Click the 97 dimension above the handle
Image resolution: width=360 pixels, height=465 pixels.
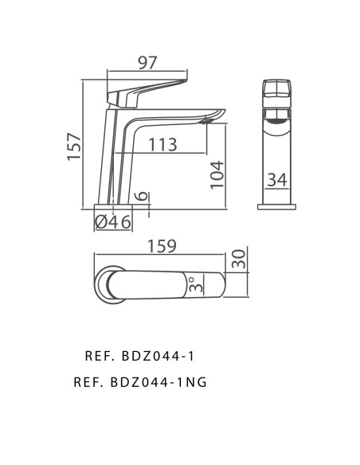point(147,63)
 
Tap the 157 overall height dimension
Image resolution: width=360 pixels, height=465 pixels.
point(74,147)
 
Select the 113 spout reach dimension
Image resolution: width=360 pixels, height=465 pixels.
point(162,145)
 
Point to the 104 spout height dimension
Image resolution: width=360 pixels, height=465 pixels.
point(217,174)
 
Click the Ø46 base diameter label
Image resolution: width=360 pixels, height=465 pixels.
point(113,222)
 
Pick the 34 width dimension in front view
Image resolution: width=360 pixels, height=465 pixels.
point(277,180)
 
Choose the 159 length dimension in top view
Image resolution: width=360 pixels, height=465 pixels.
point(162,246)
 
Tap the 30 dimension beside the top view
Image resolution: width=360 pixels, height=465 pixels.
point(238,260)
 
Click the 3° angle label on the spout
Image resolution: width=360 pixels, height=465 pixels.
point(196,284)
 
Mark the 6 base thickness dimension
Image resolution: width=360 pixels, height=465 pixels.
point(141,196)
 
